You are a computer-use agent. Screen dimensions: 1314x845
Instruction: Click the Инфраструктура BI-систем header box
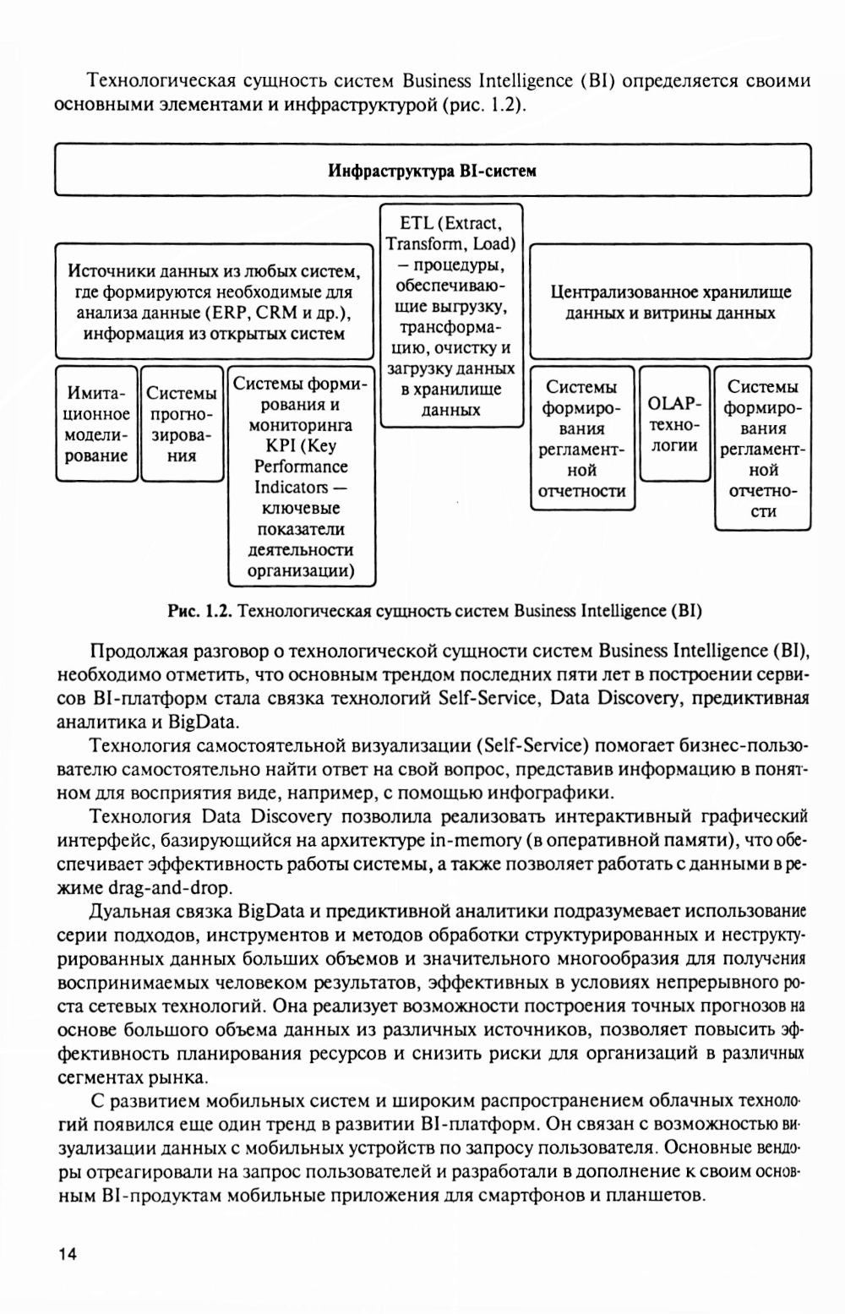pos(432,172)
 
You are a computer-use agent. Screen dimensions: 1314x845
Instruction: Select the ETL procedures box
pos(450,315)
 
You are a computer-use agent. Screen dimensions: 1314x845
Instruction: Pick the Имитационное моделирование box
pos(96,424)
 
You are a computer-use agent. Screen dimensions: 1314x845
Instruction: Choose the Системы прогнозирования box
pos(182,424)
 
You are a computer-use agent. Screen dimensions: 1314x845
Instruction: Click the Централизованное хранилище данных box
pos(670,302)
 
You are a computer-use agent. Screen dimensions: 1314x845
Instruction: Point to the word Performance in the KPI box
pos(301,466)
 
